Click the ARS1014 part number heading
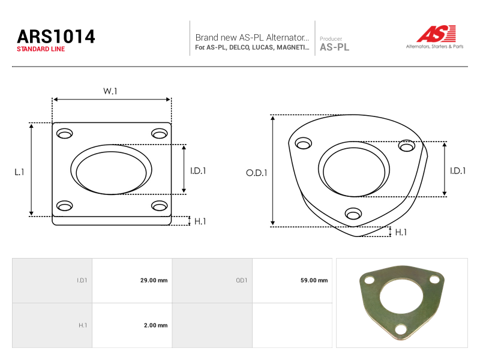click(56, 37)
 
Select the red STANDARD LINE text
click(41, 49)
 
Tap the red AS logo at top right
click(436, 34)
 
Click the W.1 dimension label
click(110, 91)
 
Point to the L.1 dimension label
click(19, 172)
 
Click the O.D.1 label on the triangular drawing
click(257, 173)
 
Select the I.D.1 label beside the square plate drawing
click(198, 171)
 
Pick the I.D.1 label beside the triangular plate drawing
click(458, 171)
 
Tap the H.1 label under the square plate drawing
click(200, 221)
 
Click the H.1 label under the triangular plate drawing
click(401, 232)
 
